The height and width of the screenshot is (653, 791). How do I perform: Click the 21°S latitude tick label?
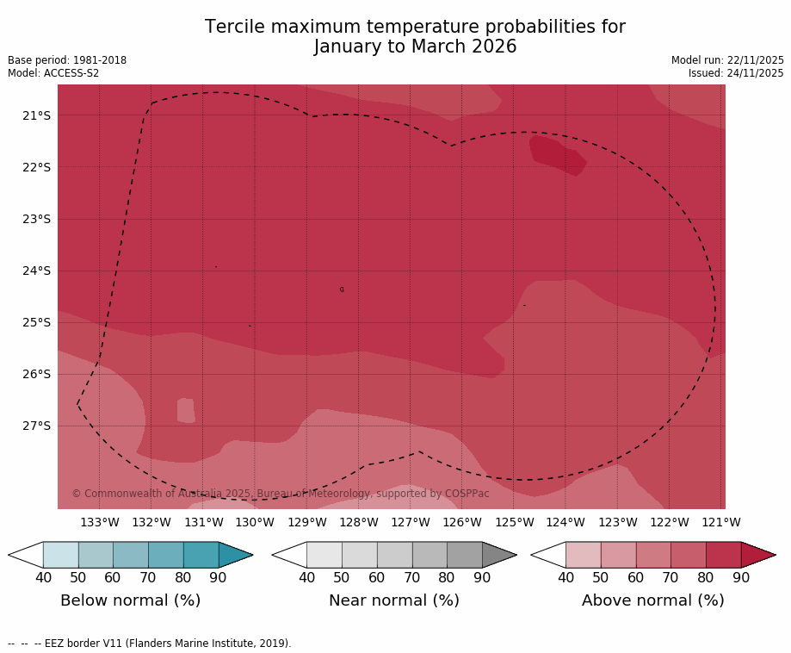[x=36, y=115]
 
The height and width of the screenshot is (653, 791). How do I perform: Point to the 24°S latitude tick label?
[x=36, y=271]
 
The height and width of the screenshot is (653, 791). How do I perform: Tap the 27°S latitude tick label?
[x=36, y=426]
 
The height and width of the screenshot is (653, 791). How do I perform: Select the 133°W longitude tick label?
[x=100, y=522]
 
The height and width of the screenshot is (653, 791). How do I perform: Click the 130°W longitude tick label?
[x=255, y=522]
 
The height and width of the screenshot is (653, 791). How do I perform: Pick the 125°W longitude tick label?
[x=514, y=522]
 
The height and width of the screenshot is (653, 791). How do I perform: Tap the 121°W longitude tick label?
[x=721, y=522]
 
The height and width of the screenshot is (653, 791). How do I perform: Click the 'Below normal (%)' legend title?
[x=130, y=600]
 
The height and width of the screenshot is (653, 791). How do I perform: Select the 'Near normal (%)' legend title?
[x=393, y=600]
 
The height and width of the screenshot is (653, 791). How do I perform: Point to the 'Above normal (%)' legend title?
[x=652, y=600]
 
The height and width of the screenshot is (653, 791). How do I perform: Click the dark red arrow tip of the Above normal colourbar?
[x=757, y=555]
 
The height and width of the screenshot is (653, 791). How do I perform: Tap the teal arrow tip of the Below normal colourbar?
[x=234, y=555]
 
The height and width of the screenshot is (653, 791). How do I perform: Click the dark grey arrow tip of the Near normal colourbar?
[x=497, y=555]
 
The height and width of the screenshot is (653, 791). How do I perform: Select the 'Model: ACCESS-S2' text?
[x=53, y=73]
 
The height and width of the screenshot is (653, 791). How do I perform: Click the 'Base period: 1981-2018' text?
[x=67, y=60]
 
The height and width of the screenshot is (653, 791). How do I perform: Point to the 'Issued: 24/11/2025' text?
[x=736, y=73]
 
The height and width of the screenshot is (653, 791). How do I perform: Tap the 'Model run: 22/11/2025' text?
[x=727, y=60]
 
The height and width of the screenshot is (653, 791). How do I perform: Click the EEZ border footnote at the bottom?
[x=150, y=644]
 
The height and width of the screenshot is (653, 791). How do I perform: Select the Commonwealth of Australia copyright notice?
[x=281, y=494]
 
